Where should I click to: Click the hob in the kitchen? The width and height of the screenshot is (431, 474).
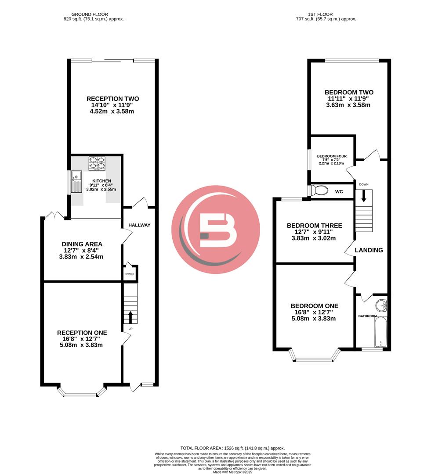point(97,163)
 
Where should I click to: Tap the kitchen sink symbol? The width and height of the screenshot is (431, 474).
point(76,183)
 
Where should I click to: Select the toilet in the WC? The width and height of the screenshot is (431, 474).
point(319,190)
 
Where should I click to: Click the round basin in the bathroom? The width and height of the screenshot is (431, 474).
point(381,305)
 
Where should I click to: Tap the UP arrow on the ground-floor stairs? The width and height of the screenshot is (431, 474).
point(130,317)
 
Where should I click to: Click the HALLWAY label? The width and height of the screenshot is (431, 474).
point(139,225)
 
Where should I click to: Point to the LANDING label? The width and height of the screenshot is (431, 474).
point(369,250)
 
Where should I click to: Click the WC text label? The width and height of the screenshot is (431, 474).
point(339,192)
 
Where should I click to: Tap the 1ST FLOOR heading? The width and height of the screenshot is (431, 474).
point(326,14)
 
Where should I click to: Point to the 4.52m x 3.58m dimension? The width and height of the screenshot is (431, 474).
point(112,111)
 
